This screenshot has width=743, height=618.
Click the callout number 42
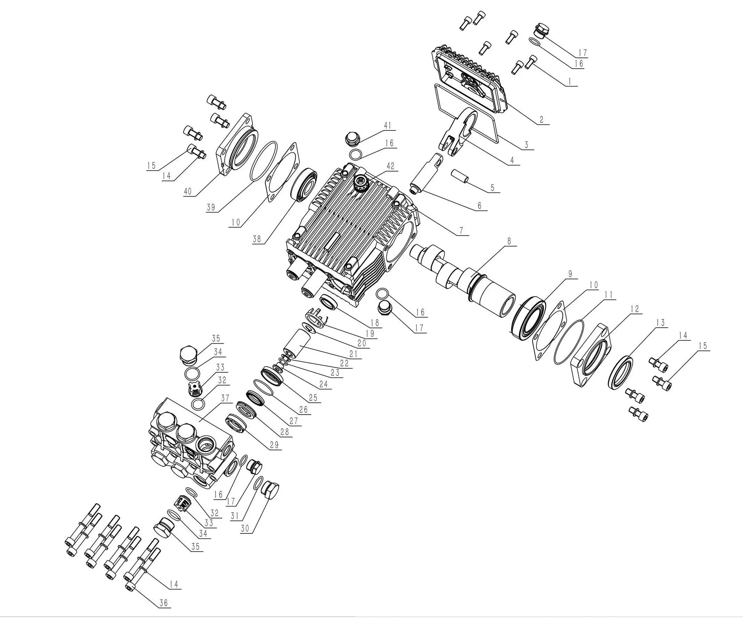coord(390,166)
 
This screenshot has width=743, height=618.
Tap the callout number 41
coord(388,126)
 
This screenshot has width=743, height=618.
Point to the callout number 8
coord(509,241)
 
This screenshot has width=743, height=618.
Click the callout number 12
coord(635,309)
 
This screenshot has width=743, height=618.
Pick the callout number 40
coord(187,191)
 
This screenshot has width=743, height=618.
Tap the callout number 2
coord(541,120)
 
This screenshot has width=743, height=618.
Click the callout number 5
coord(493,188)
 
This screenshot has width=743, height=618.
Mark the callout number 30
coord(245,529)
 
